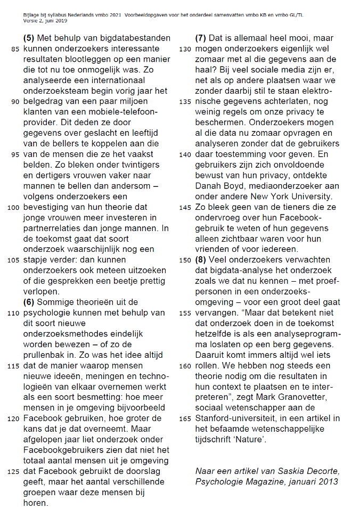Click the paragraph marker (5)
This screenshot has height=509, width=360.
coord(30,38)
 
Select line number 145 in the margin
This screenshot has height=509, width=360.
coord(185,208)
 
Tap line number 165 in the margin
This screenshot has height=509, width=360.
coord(185,419)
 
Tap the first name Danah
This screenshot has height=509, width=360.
coord(209,186)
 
